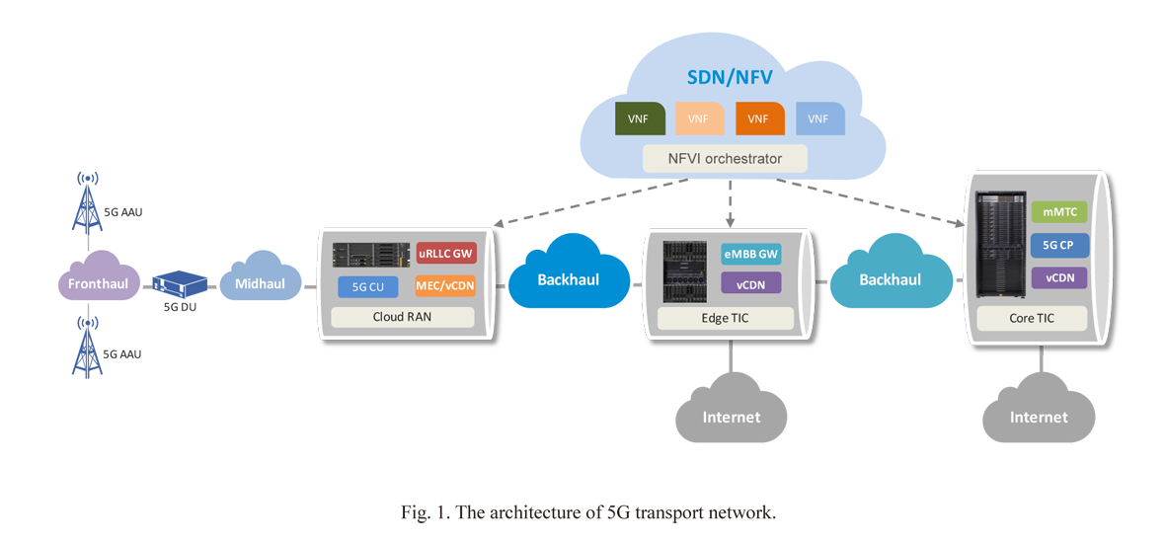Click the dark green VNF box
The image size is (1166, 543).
tap(639, 118)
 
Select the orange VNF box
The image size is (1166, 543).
tap(758, 118)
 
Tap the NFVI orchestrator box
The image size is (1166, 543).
tap(725, 158)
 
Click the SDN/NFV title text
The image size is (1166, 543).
tap(729, 77)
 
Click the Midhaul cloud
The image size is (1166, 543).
tap(260, 284)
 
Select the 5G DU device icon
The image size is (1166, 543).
tap(180, 283)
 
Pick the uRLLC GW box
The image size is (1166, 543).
tap(445, 254)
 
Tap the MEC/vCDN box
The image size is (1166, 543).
tap(445, 287)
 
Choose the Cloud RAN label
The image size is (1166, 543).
tap(402, 318)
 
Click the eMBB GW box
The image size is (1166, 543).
tap(750, 254)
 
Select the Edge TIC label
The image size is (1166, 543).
tap(726, 318)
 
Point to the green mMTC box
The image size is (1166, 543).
tap(1058, 212)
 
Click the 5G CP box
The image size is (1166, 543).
tap(1058, 245)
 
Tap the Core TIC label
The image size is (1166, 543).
tap(1032, 318)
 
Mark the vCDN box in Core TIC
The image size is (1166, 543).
tap(1058, 277)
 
